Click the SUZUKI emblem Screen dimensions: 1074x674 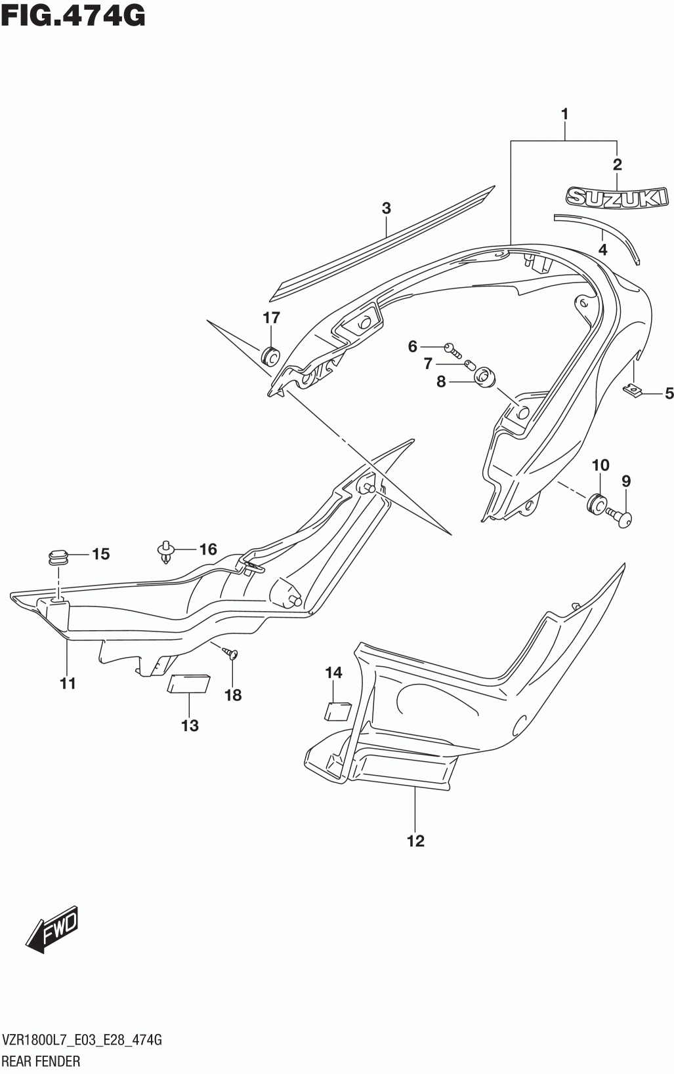click(x=617, y=197)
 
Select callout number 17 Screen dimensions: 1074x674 click(x=271, y=318)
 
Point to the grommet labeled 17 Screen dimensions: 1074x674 click(x=270, y=355)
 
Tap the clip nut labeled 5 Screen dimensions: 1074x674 click(x=631, y=391)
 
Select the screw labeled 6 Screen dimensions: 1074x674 click(x=450, y=347)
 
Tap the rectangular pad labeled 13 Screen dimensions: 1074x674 click(x=189, y=683)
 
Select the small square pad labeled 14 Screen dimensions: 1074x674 click(x=338, y=711)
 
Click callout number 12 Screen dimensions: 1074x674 click(x=415, y=841)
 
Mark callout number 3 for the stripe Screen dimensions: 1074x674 click(x=386, y=209)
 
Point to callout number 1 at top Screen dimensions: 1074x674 click(x=564, y=114)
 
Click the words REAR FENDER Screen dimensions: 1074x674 click(x=42, y=1061)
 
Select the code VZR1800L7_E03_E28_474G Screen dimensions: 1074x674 click(x=82, y=1040)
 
